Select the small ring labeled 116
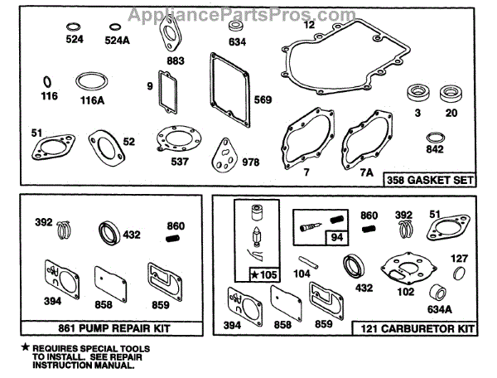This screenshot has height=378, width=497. pos(48,82)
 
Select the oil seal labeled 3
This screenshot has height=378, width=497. pos(417,93)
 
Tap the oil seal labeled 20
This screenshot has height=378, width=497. pos(451,92)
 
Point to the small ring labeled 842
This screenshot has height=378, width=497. pos(435,138)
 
